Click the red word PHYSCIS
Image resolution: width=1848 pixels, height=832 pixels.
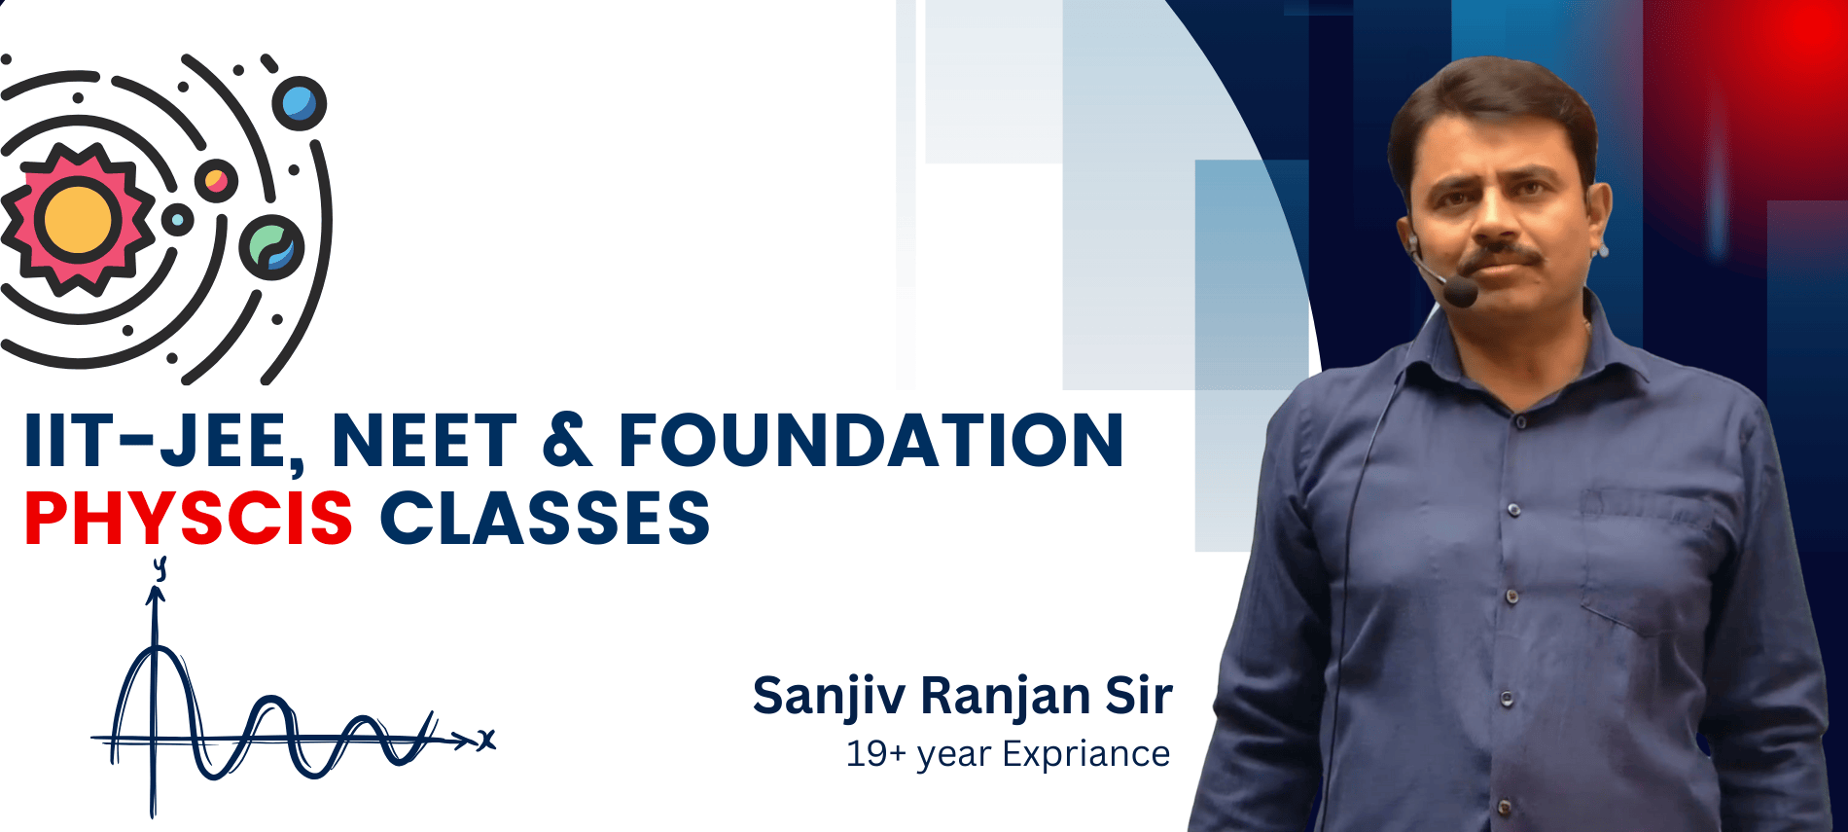point(189,518)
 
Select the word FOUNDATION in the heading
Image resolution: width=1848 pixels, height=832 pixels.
point(871,441)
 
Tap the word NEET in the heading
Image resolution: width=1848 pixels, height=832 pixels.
point(424,441)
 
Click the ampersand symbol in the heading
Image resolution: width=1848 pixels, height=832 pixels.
point(567,441)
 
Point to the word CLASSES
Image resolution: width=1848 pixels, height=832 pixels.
point(545,518)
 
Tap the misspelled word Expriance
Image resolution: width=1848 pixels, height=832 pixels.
point(1085,755)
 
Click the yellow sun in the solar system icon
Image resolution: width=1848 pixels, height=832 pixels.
point(78,220)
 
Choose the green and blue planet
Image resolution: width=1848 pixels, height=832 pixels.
point(271,247)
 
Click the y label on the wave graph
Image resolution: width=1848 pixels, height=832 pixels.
point(160,567)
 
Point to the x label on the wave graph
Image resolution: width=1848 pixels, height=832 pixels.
point(486,740)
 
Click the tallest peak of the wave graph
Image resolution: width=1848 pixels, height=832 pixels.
point(156,648)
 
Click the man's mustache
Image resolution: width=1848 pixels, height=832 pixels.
point(1500,259)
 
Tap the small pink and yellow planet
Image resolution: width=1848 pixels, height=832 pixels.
point(216,181)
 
